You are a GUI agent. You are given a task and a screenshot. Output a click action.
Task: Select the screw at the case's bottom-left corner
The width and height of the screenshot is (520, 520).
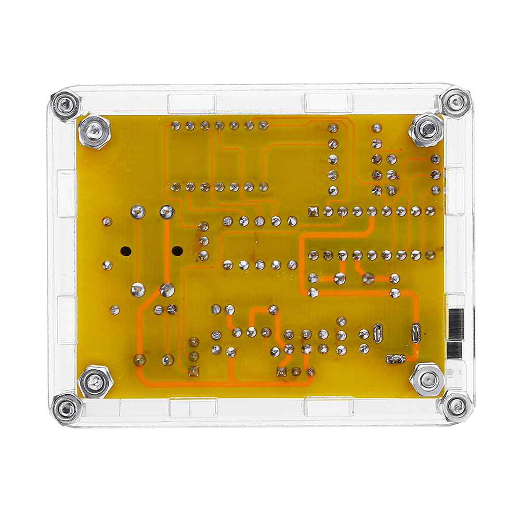point(66,409)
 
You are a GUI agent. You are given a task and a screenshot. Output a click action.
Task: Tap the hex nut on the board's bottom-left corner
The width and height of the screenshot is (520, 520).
point(95,382)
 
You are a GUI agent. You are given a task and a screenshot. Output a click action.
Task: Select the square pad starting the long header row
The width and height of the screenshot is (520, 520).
point(313,211)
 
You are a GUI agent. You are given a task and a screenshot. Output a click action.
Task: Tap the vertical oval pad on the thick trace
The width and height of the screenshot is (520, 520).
point(415,331)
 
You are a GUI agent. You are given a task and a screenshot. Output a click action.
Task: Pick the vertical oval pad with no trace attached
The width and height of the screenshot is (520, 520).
point(378,331)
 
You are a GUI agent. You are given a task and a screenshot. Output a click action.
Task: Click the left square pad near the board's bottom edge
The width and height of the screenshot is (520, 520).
point(193,370)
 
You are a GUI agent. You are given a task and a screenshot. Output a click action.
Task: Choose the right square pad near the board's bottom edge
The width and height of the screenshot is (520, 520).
point(282,371)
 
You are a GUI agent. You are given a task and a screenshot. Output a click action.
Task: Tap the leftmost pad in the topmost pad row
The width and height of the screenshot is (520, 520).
point(175,125)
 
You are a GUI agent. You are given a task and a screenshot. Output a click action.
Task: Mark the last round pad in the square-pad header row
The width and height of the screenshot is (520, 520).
point(430,211)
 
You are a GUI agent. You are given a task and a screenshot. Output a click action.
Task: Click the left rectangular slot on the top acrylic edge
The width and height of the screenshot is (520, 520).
point(191,104)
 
